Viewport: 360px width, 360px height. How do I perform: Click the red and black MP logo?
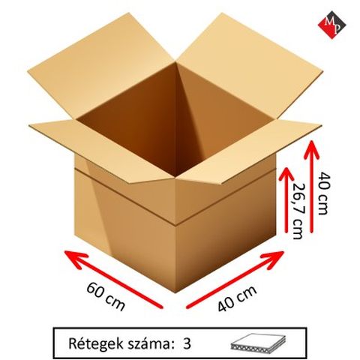tap(331, 25)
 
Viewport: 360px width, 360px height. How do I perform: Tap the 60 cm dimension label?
tap(106, 296)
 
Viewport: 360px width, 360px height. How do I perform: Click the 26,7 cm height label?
tap(298, 211)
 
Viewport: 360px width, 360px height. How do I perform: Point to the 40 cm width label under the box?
tap(237, 298)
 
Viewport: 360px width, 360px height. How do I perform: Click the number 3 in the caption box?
tap(187, 344)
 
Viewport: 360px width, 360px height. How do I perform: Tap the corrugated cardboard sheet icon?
tap(257, 343)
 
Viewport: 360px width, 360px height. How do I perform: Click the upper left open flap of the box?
tap(100, 67)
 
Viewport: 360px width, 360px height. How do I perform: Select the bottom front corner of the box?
tap(177, 292)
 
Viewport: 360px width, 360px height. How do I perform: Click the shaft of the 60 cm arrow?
tap(114, 280)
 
